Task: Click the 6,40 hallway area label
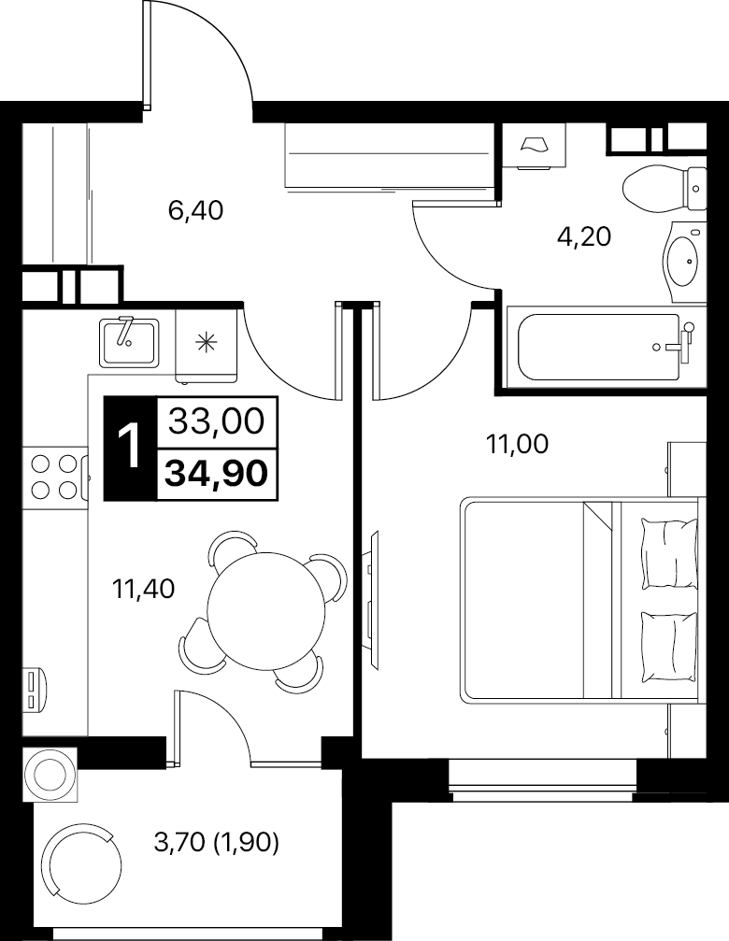click(195, 210)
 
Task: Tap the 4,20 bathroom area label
click(584, 237)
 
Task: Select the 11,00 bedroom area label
click(517, 445)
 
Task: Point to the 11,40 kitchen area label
click(143, 589)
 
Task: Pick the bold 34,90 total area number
click(217, 474)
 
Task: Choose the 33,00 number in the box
click(216, 421)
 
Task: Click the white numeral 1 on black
click(130, 447)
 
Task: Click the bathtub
click(606, 347)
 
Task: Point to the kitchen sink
click(129, 342)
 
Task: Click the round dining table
click(265, 611)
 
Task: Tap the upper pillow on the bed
click(669, 553)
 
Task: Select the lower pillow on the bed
click(669, 646)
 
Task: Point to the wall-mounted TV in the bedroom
click(372, 600)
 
